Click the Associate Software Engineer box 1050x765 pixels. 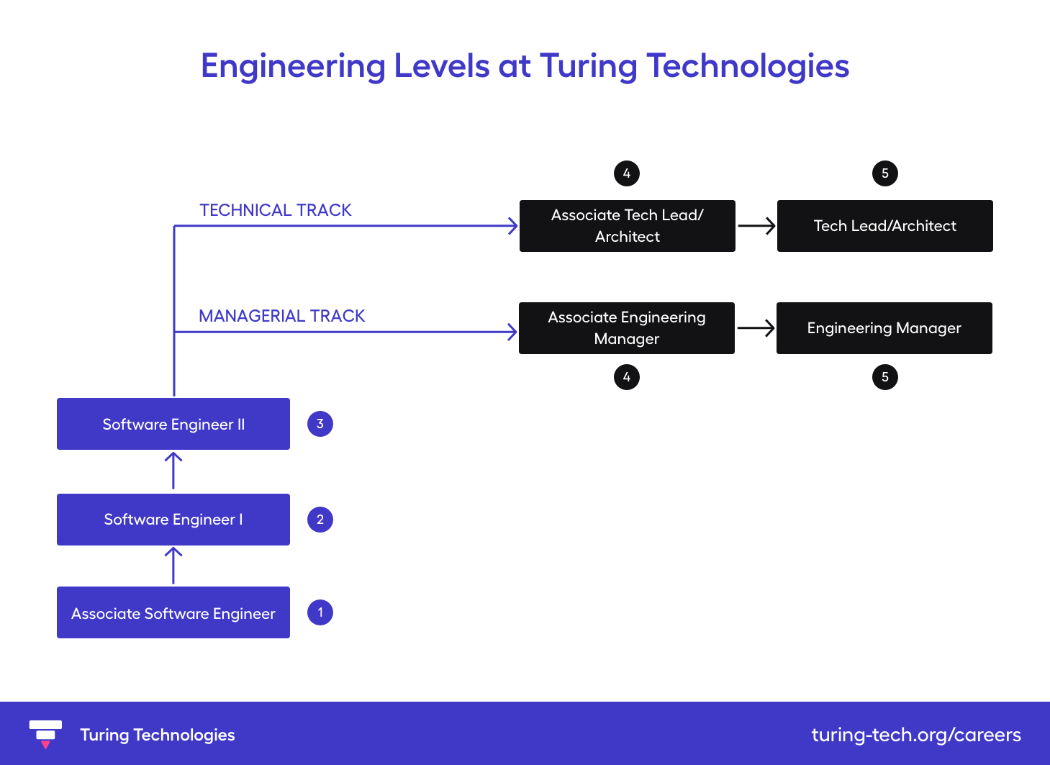pyautogui.click(x=173, y=612)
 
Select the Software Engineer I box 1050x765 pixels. pyautogui.click(x=173, y=520)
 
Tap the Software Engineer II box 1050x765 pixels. pyautogui.click(x=173, y=424)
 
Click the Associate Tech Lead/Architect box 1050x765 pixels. pyautogui.click(x=627, y=226)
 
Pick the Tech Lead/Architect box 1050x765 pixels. pyautogui.click(x=884, y=226)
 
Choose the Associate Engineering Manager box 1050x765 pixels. pyautogui.click(x=626, y=328)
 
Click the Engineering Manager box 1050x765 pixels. pyautogui.click(x=884, y=328)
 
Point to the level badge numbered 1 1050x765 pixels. pyautogui.click(x=320, y=612)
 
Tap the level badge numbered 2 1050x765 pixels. pyautogui.click(x=320, y=520)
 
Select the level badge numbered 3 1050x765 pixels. pyautogui.click(x=320, y=424)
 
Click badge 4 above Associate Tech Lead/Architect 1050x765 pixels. pyautogui.click(x=627, y=173)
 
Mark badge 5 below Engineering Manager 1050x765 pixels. pyautogui.click(x=885, y=377)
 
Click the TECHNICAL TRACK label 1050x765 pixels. pyautogui.click(x=276, y=210)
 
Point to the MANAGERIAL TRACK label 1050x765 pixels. pyautogui.click(x=282, y=316)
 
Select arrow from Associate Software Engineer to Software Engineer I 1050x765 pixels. pyautogui.click(x=173, y=566)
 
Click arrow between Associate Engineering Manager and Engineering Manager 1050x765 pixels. pyautogui.click(x=756, y=328)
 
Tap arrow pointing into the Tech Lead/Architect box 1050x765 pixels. pyautogui.click(x=756, y=226)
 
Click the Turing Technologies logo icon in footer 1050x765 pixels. pyautogui.click(x=45, y=733)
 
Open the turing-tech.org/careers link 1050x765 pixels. pyautogui.click(x=916, y=735)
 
